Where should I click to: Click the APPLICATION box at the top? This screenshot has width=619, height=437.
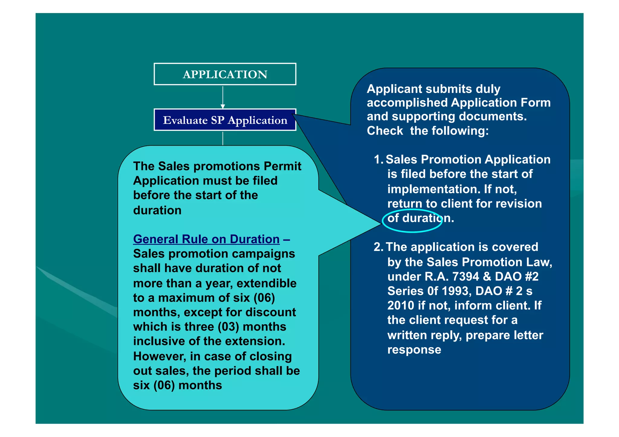coord(225,74)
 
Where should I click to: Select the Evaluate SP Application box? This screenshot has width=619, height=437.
coord(225,120)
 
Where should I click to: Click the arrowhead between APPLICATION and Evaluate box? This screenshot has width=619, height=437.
coord(223,106)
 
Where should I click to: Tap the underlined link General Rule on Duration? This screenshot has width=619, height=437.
coord(206,239)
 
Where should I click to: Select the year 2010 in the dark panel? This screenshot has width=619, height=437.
coord(401,306)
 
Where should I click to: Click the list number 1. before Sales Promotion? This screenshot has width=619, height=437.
coord(378,160)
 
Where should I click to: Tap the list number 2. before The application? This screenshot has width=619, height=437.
coord(378,247)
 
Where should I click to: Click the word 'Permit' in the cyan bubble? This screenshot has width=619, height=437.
coord(282,166)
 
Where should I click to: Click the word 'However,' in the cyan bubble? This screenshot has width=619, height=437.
coord(160,356)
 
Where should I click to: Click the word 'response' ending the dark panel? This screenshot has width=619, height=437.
coord(414,350)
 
